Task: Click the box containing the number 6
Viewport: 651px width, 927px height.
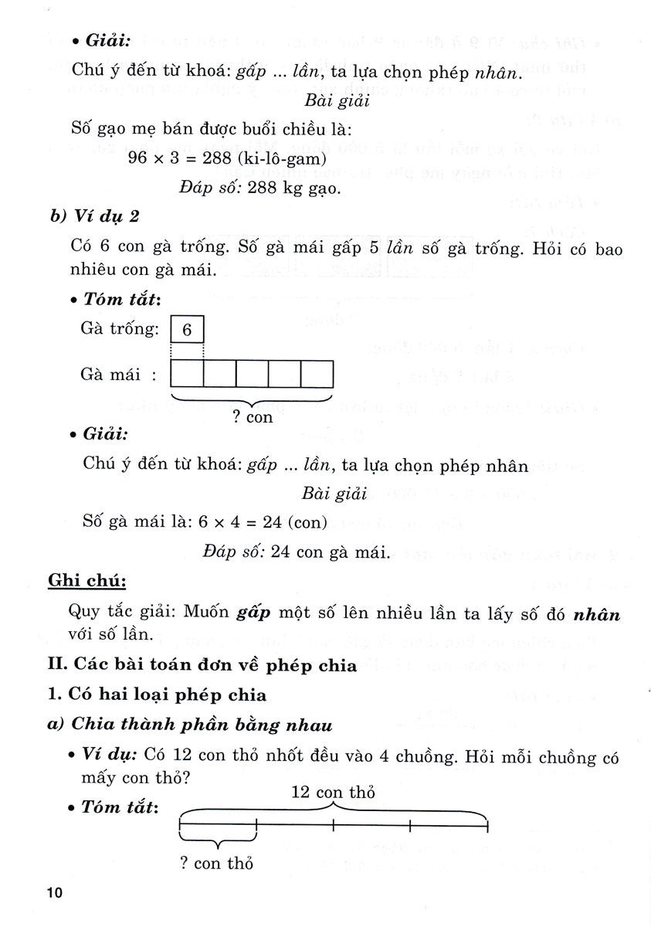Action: [187, 331]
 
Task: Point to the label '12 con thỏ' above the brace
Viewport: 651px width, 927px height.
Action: [333, 793]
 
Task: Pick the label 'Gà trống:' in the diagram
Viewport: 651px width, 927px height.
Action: [119, 330]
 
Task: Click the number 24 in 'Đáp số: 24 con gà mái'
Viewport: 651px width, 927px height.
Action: [281, 552]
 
